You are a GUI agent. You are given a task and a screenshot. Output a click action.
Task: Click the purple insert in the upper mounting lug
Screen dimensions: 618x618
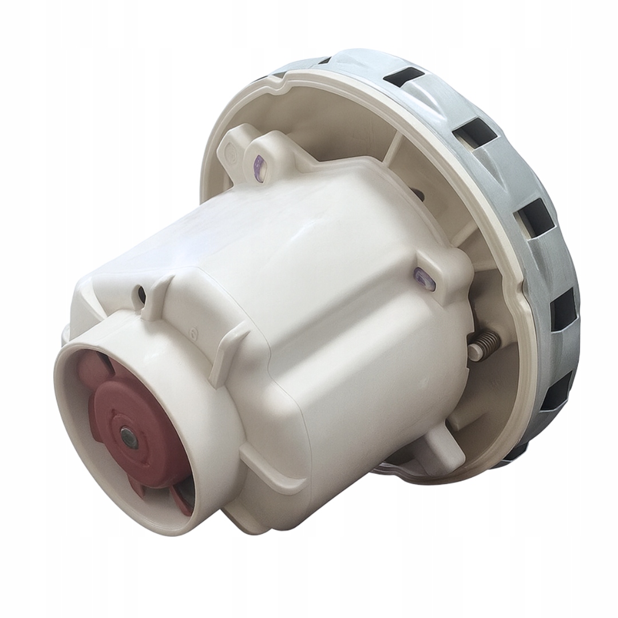pos(259,168)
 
